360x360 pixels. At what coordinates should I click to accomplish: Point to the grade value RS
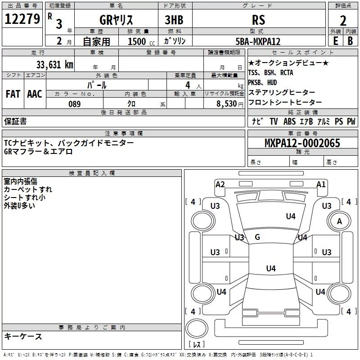pos(259,20)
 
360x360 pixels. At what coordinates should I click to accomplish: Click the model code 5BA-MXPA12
pos(258,41)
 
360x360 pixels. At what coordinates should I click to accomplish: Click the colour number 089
pos(74,104)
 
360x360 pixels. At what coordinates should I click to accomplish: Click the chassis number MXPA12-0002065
pos(302,144)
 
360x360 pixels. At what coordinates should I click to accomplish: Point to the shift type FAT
pos(13,94)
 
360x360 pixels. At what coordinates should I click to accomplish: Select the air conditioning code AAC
pos(35,94)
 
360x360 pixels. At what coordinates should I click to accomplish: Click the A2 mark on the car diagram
pos(220,184)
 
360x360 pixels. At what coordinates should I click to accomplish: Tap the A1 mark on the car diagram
pos(321,184)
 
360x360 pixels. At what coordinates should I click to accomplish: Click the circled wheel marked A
pos(339,221)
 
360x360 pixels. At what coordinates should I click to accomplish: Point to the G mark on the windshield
pos(257,237)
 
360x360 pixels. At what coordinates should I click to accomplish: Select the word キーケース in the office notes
pos(23,337)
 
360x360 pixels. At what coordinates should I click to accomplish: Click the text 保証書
pos(15,121)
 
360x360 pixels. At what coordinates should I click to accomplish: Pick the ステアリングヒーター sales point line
pos(282,92)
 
